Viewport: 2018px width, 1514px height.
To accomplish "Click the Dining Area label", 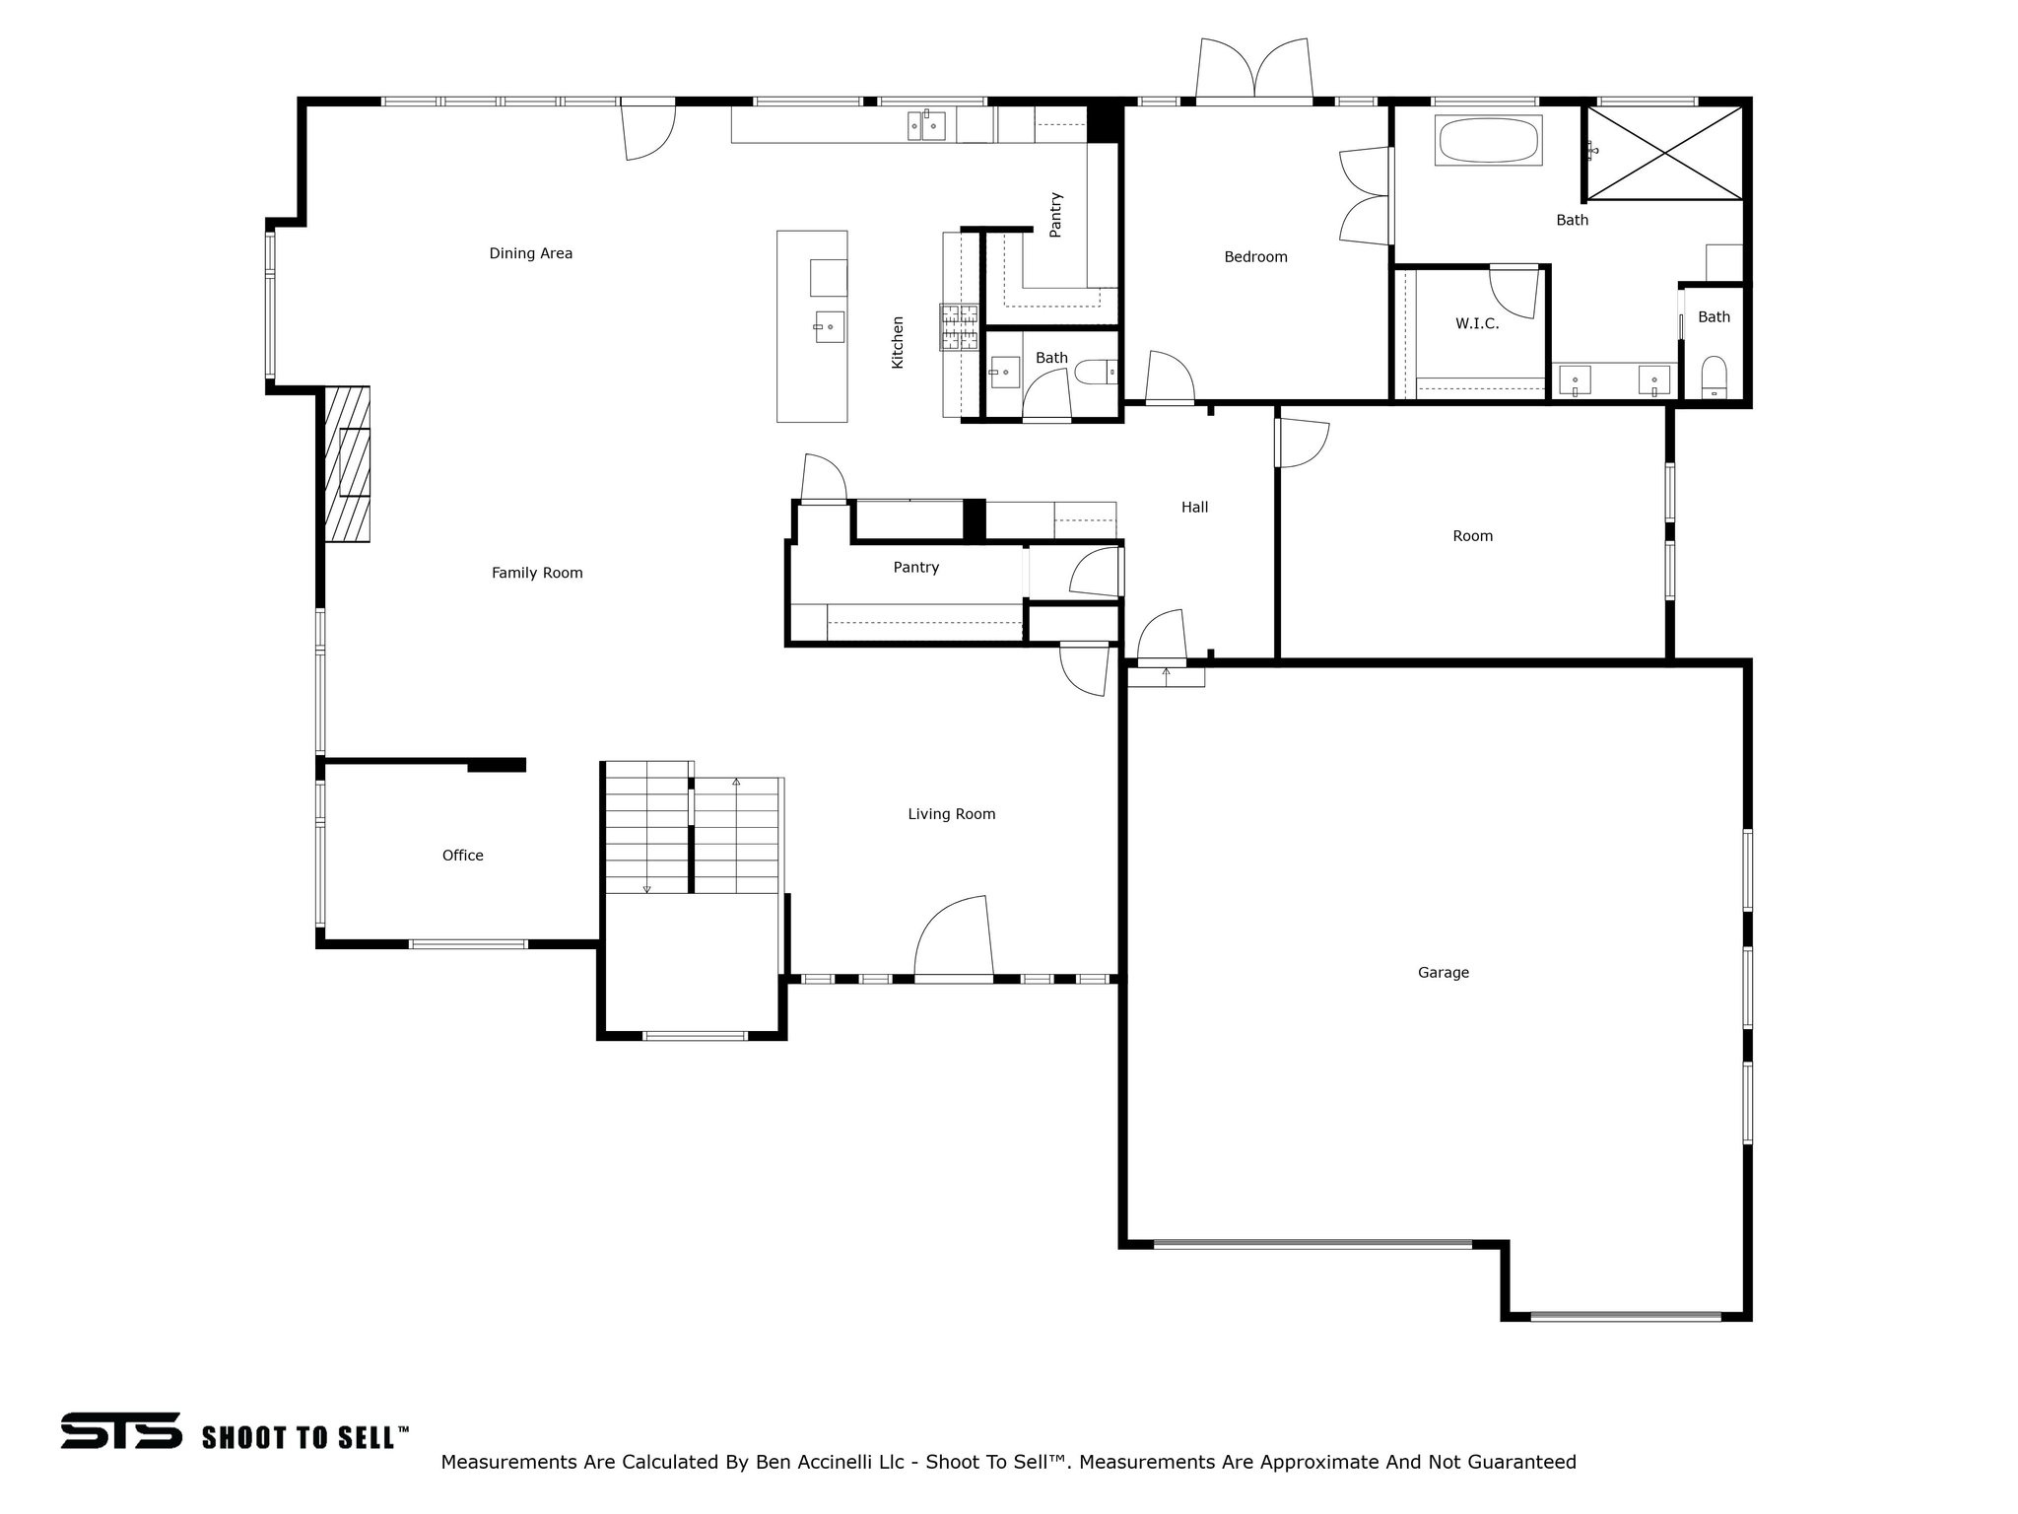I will pos(530,253).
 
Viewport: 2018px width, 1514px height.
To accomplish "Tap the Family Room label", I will pos(537,573).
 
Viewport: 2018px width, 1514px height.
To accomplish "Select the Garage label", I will pos(1443,973).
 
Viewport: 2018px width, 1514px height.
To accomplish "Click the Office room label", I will pos(462,856).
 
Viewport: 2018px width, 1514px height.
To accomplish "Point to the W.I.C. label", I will pos(1477,323).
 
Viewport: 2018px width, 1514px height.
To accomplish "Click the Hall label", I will pos(1194,508).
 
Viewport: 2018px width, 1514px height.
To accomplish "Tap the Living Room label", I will pos(951,814).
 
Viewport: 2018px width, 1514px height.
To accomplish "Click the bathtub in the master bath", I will pos(1488,141).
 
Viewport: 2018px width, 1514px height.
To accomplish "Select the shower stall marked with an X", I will pos(1663,154).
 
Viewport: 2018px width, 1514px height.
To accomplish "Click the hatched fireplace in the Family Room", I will pos(349,463).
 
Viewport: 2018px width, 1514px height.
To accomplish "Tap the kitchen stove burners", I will pos(959,327).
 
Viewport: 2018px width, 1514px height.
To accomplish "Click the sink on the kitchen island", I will pos(828,326).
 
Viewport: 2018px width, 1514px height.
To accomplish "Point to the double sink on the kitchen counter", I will pos(926,126).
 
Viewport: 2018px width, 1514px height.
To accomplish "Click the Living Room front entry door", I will pos(952,936).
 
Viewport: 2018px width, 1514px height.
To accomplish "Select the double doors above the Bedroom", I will pos(1253,71).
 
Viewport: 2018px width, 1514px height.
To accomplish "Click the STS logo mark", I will pos(121,1430).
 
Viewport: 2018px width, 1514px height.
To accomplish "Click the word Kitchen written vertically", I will pos(898,342).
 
